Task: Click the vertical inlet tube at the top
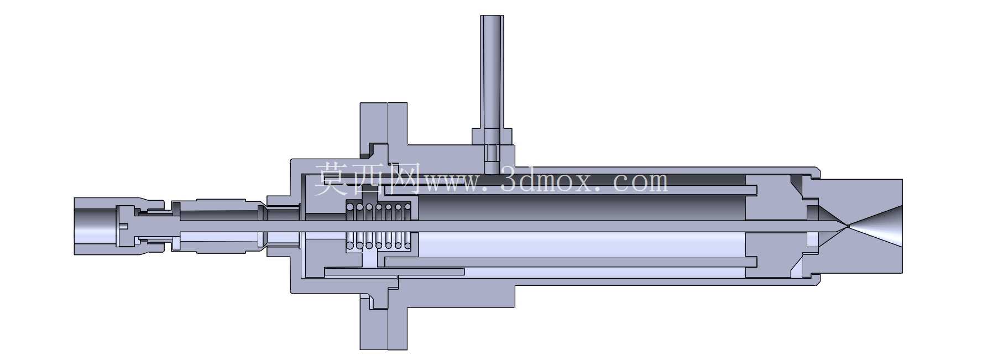(x=492, y=72)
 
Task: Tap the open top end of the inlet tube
(x=492, y=17)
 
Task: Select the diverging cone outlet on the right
(x=876, y=226)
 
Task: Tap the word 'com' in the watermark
(x=640, y=182)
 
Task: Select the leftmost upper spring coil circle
(x=349, y=207)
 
